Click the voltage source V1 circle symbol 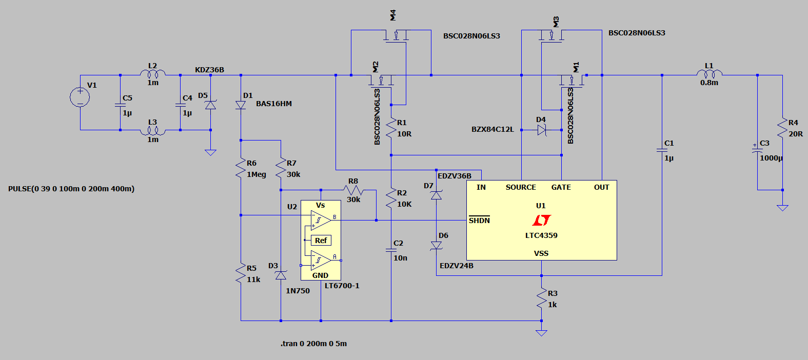click(x=80, y=97)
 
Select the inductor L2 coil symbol click(x=152, y=73)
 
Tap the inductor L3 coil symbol click(x=152, y=131)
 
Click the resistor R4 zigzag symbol click(x=782, y=128)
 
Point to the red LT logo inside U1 click(x=541, y=220)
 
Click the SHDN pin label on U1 click(x=479, y=220)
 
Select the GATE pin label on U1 click(x=561, y=187)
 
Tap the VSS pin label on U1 click(x=541, y=253)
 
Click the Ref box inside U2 click(x=321, y=240)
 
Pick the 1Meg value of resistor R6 click(x=257, y=174)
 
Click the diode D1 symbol click(x=241, y=105)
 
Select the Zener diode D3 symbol click(x=281, y=275)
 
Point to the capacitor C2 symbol click(x=391, y=250)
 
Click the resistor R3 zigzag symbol click(x=541, y=298)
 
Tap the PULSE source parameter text click(x=71, y=189)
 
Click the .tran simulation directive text click(x=313, y=344)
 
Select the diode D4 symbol click(x=541, y=130)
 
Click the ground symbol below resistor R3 click(x=541, y=333)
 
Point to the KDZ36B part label click(x=210, y=70)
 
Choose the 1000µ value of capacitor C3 click(x=771, y=158)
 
